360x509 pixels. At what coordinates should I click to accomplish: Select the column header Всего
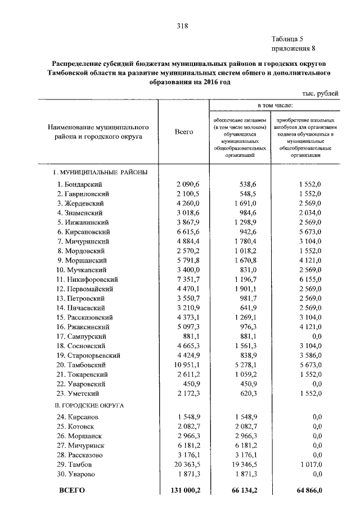click(x=183, y=132)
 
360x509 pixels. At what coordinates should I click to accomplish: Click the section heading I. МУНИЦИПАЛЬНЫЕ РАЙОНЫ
click(x=100, y=172)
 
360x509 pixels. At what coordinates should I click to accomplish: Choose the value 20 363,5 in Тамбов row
click(x=183, y=465)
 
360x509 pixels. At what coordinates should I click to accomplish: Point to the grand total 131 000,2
click(x=182, y=491)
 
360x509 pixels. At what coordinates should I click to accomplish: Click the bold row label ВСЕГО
click(x=72, y=491)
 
